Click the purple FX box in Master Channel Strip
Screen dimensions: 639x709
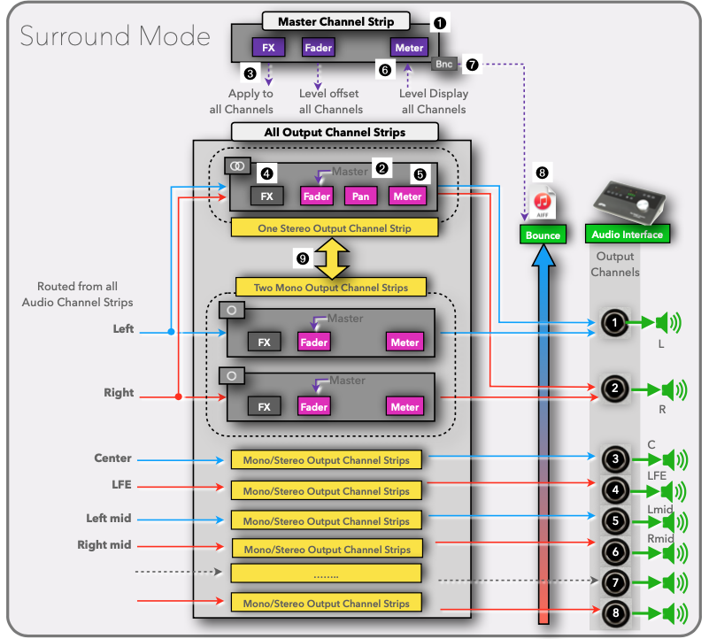point(268,48)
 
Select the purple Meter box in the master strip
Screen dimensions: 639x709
point(408,48)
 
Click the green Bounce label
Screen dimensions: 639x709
point(543,235)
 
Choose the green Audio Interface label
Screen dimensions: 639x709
point(627,235)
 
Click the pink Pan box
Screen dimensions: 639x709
point(360,196)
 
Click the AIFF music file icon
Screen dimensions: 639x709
point(542,202)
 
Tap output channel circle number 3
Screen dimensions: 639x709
point(615,458)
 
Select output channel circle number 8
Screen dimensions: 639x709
point(615,612)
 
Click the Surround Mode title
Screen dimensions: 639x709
point(115,37)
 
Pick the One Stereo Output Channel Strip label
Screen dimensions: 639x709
point(334,227)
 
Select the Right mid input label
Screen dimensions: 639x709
point(104,545)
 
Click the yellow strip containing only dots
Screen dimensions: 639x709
point(327,574)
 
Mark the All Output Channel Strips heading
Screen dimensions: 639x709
point(335,133)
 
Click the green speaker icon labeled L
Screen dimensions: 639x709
point(667,323)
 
